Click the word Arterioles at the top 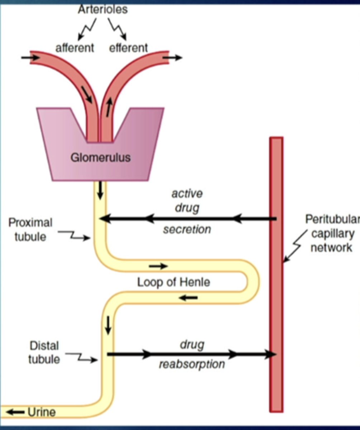[102, 9]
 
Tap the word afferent [75, 48]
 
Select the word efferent [128, 48]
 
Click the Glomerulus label [100, 157]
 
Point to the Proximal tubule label [30, 230]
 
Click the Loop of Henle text [174, 282]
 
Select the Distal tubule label [44, 353]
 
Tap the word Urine [42, 412]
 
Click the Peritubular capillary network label [331, 233]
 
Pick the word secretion [187, 229]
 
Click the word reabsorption [192, 364]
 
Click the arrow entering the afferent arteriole [30, 57]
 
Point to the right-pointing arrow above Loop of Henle [158, 266]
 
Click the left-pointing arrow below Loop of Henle [188, 297]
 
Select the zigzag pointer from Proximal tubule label [73, 235]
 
